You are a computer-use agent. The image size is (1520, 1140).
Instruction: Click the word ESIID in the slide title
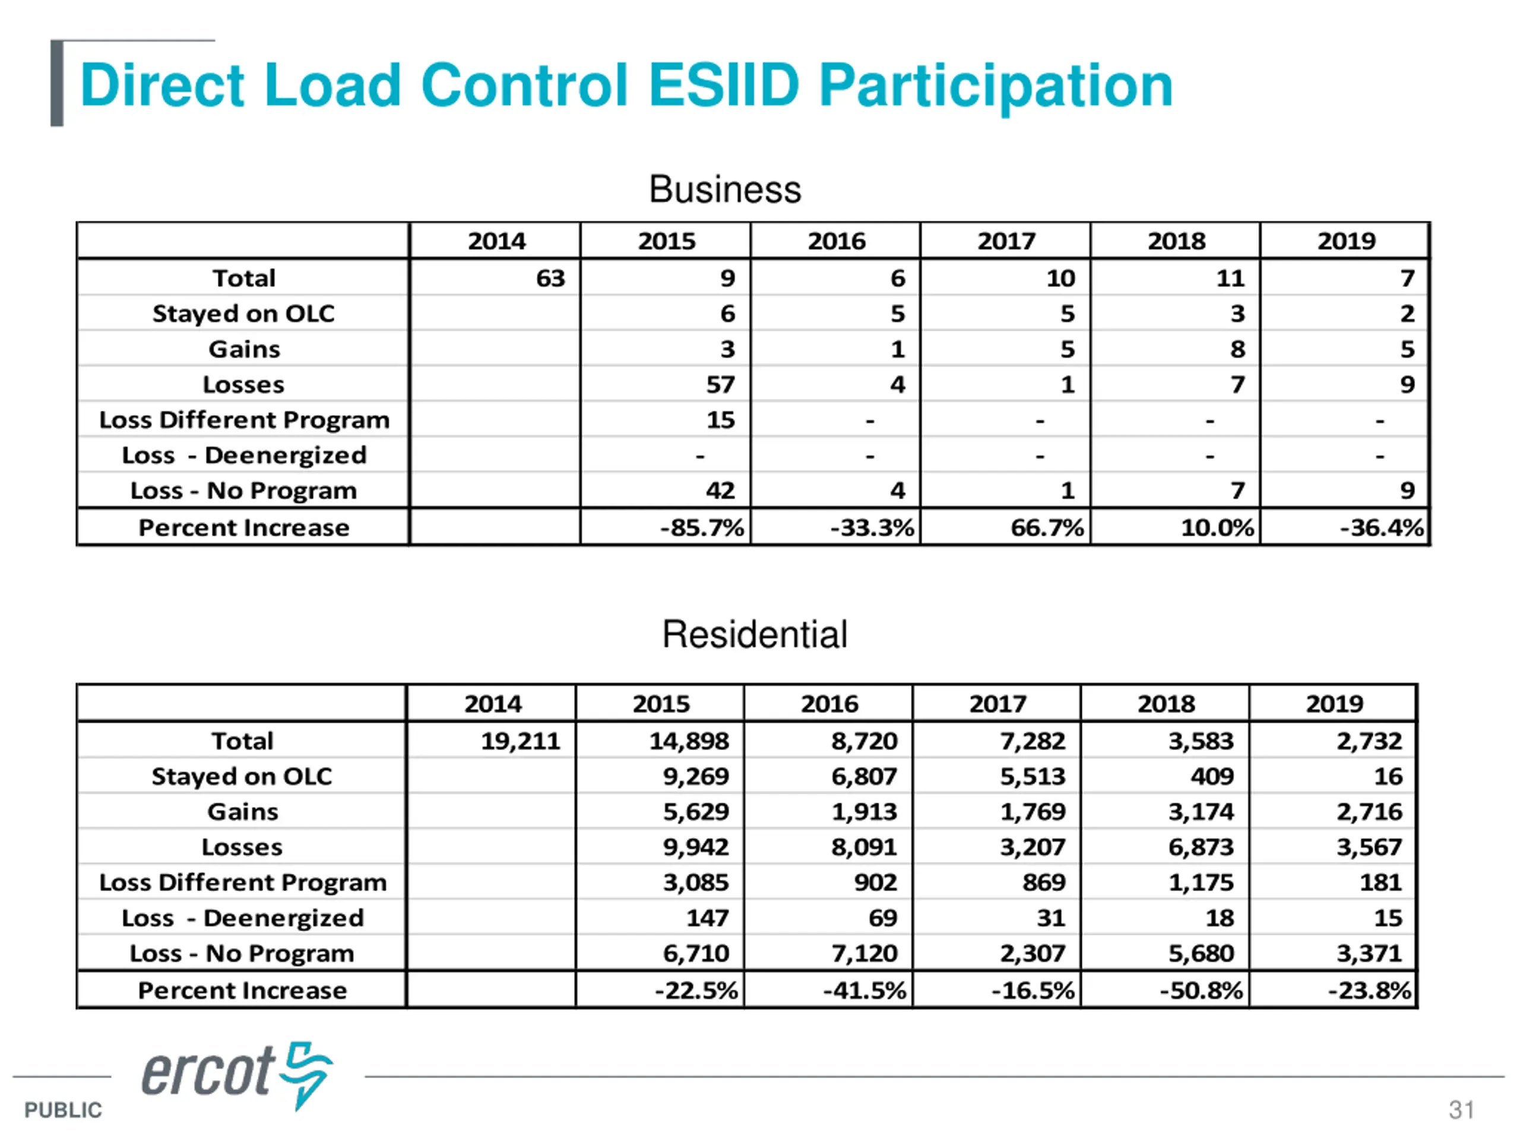click(x=724, y=85)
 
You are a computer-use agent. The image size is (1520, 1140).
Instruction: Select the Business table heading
click(x=725, y=189)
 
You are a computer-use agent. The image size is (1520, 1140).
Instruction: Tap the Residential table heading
click(x=755, y=634)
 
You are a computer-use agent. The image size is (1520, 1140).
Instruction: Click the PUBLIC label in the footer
click(x=63, y=1110)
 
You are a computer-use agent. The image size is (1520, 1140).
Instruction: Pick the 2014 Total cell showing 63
click(x=550, y=278)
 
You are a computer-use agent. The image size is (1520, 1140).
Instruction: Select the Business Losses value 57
click(x=721, y=384)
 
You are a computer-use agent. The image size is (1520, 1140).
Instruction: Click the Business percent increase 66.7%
click(x=1047, y=527)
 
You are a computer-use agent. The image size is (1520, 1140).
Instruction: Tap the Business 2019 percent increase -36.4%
click(x=1382, y=527)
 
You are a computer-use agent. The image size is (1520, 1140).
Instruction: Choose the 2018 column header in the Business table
click(x=1176, y=241)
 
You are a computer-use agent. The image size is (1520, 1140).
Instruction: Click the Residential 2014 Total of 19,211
click(x=520, y=741)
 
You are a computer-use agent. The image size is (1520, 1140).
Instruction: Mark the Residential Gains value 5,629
click(x=695, y=812)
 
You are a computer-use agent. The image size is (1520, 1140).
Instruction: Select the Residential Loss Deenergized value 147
click(x=707, y=917)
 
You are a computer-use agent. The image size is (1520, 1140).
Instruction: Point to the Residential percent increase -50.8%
click(x=1201, y=990)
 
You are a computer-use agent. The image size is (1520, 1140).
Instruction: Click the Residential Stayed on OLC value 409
click(x=1212, y=777)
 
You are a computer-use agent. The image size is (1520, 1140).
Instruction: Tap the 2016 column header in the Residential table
click(x=829, y=704)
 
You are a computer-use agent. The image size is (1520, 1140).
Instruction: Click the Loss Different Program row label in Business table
click(x=244, y=420)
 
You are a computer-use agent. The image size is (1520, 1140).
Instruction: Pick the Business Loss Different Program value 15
click(x=721, y=420)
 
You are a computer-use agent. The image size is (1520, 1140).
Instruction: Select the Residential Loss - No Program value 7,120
click(x=864, y=953)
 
